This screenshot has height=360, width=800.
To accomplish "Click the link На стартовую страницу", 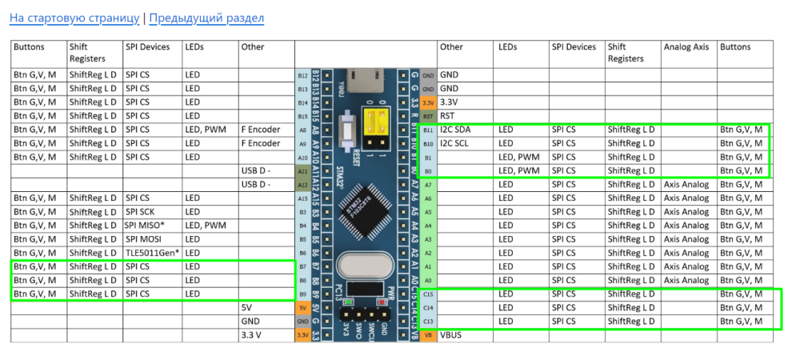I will [74, 18].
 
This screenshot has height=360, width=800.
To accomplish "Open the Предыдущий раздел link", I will [206, 18].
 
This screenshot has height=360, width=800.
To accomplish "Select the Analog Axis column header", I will [686, 47].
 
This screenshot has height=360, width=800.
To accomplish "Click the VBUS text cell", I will [453, 334].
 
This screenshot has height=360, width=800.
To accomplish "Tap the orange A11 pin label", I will [302, 170].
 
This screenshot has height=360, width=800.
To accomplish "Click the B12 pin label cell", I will [302, 75].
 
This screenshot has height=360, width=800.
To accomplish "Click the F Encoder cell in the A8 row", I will [261, 130].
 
